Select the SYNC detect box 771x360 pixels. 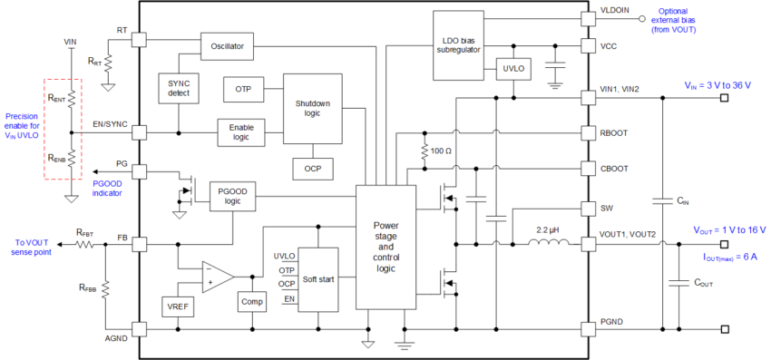click(178, 88)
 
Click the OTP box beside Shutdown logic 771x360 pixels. click(242, 90)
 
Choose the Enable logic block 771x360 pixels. click(240, 131)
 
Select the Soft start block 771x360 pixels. click(317, 278)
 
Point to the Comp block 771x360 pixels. click(249, 301)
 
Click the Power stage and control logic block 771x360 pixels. click(385, 247)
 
